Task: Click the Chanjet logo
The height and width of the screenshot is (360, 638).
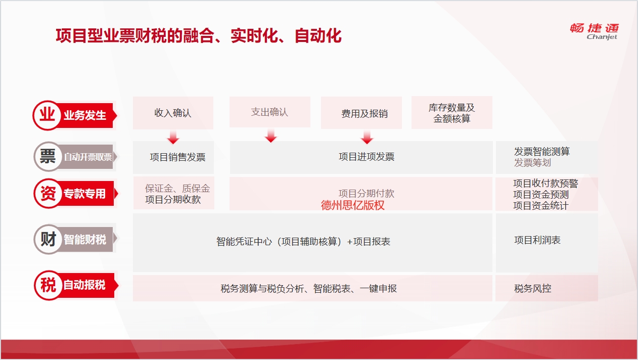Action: point(595,31)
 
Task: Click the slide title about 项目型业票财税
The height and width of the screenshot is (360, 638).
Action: point(199,36)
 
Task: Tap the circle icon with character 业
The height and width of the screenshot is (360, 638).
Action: point(48,115)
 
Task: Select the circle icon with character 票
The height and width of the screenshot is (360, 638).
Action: point(48,156)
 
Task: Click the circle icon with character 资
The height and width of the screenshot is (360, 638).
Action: point(48,193)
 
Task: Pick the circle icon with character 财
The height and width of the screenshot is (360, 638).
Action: point(48,239)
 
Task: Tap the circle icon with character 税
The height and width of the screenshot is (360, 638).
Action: point(49,285)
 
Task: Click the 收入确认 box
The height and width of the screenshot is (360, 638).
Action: point(173,113)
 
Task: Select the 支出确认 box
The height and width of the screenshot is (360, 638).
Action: point(270,112)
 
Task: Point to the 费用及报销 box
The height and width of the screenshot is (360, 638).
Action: point(361,113)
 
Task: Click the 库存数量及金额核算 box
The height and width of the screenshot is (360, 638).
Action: point(452,112)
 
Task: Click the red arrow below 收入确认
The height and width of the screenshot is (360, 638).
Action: point(173,137)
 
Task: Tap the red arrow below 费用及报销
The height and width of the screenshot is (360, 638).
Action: point(367,137)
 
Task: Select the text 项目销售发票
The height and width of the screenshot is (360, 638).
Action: point(178,157)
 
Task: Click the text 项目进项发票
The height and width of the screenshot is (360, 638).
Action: point(367,156)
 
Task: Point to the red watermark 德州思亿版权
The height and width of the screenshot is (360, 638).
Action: point(352,205)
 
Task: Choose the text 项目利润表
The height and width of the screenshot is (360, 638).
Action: point(537,240)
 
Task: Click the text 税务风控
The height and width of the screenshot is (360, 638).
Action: point(533,289)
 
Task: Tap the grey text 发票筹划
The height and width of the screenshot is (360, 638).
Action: point(532,163)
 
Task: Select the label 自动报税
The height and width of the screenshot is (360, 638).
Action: point(84,285)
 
